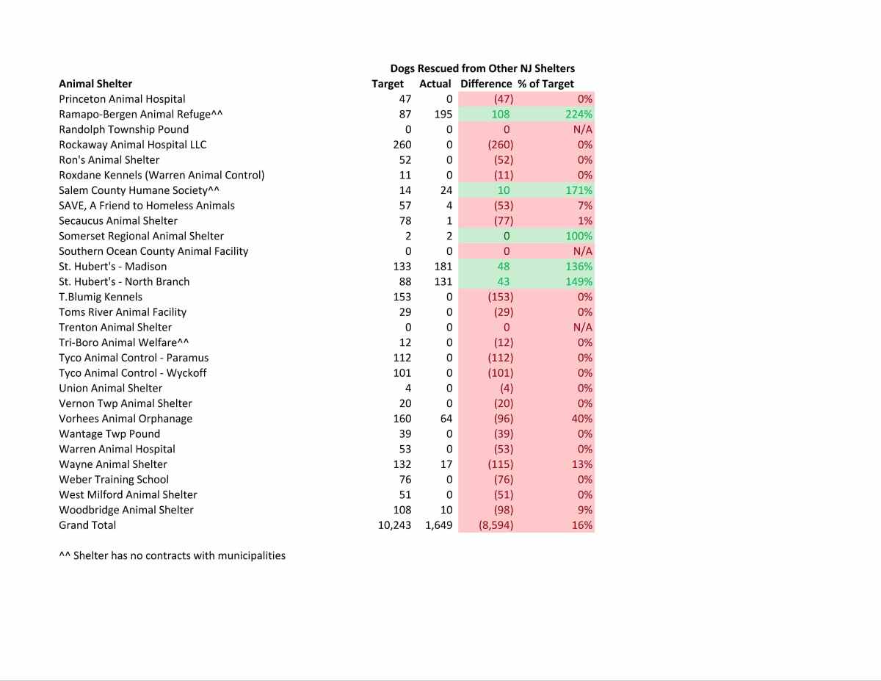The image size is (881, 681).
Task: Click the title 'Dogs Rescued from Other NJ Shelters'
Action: [x=482, y=68]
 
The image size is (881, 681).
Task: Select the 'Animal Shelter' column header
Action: [x=95, y=84]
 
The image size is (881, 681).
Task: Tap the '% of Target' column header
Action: [x=551, y=84]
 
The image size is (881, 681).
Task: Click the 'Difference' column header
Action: [x=486, y=84]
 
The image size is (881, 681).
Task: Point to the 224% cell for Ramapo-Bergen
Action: [x=579, y=114]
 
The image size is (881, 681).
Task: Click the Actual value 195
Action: [x=443, y=114]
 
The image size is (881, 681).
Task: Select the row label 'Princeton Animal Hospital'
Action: [x=122, y=99]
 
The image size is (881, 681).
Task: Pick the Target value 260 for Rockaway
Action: [x=402, y=145]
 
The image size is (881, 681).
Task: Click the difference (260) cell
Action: [x=501, y=145]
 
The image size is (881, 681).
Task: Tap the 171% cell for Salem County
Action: [x=579, y=190]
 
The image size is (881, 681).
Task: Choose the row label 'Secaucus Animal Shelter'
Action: [x=118, y=221]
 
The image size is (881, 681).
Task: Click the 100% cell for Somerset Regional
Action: [x=579, y=236]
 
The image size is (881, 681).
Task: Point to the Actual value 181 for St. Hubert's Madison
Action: [x=443, y=267]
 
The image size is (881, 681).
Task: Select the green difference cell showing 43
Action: [x=503, y=281]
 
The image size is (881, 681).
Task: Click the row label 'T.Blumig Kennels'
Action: [x=101, y=297]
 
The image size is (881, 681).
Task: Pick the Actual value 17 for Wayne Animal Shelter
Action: [x=446, y=464]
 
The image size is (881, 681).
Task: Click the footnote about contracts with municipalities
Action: [x=172, y=555]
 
